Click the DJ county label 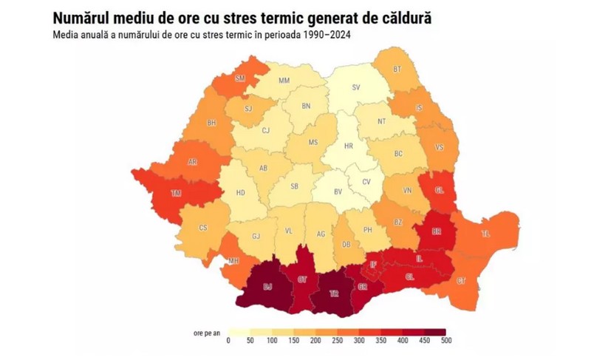(267, 284)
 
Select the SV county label (355, 87)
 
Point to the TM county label (176, 193)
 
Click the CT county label (461, 281)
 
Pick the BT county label (397, 69)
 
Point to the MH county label (233, 261)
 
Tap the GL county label (439, 190)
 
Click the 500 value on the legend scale (445, 341)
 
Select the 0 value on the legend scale (228, 341)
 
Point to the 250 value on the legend (337, 341)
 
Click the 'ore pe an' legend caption (207, 332)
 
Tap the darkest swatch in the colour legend (434, 332)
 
